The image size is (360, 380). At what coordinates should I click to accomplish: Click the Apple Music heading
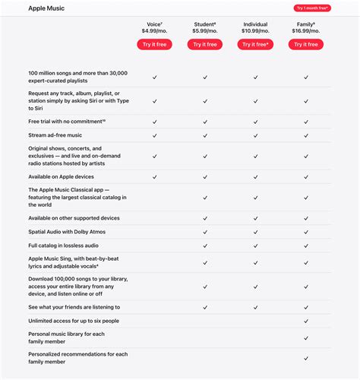46,8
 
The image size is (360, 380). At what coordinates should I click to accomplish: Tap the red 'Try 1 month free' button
312,8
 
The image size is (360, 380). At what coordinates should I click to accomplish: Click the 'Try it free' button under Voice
154,45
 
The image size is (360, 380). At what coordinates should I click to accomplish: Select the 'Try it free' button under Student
205,45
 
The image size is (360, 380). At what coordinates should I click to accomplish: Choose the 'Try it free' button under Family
306,45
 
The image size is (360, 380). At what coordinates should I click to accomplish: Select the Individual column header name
255,24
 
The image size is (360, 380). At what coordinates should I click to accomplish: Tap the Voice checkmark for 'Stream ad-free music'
154,135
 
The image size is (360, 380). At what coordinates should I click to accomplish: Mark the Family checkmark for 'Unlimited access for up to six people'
306,321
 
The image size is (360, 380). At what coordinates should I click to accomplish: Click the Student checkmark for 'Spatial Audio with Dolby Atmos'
205,232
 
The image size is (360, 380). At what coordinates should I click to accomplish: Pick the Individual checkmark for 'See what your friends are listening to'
255,307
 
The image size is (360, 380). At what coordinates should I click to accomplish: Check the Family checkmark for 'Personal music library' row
306,338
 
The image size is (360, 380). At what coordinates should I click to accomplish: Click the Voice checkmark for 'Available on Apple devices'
154,176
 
